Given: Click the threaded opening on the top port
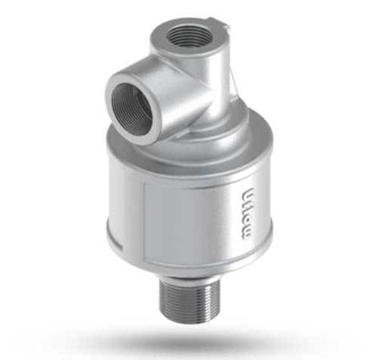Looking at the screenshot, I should [186, 34].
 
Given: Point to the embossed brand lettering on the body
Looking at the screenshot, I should [244, 213].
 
